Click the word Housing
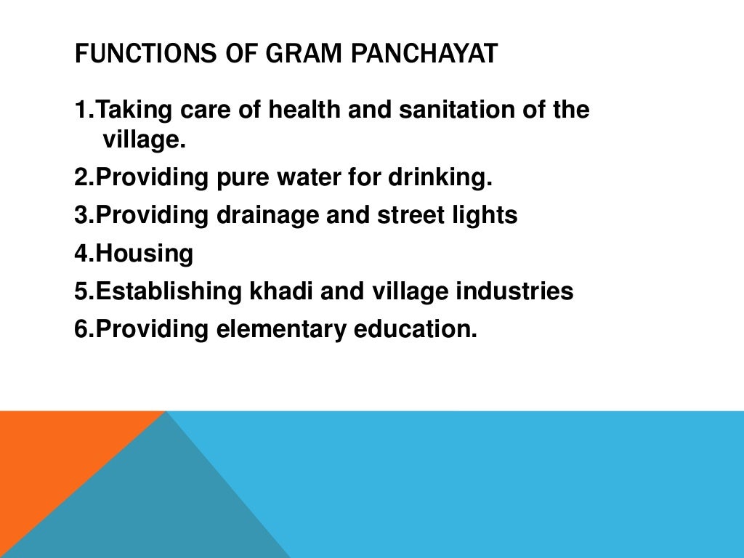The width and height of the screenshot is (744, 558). [145, 254]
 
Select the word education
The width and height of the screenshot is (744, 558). [416, 329]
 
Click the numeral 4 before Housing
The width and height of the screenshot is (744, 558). [81, 254]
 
